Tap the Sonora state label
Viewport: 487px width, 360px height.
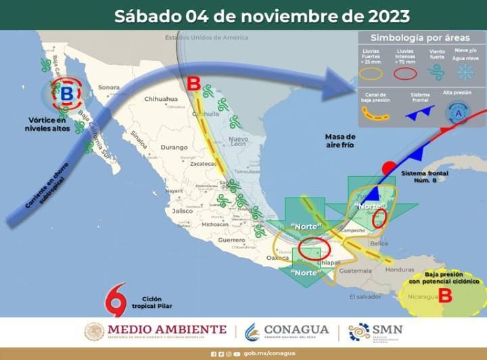[x=109, y=87]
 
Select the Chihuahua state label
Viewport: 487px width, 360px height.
[x=160, y=99]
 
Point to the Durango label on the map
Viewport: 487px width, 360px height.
[x=174, y=147]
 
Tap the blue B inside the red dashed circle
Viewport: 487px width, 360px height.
[x=66, y=94]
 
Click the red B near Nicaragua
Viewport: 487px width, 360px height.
[x=444, y=294]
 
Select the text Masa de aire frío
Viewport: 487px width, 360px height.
[x=340, y=141]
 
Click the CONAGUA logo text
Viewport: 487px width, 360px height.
[x=296, y=330]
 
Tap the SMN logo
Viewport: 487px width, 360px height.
[x=375, y=331]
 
